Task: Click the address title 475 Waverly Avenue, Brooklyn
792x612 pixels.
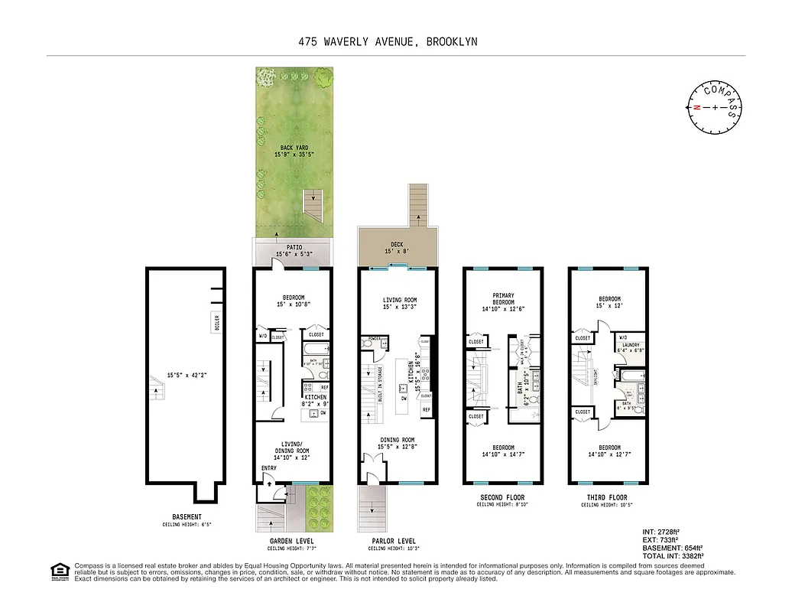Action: [388, 42]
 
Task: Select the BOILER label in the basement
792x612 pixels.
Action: [216, 322]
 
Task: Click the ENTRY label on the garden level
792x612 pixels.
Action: [268, 468]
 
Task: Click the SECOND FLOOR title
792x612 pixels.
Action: [501, 496]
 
